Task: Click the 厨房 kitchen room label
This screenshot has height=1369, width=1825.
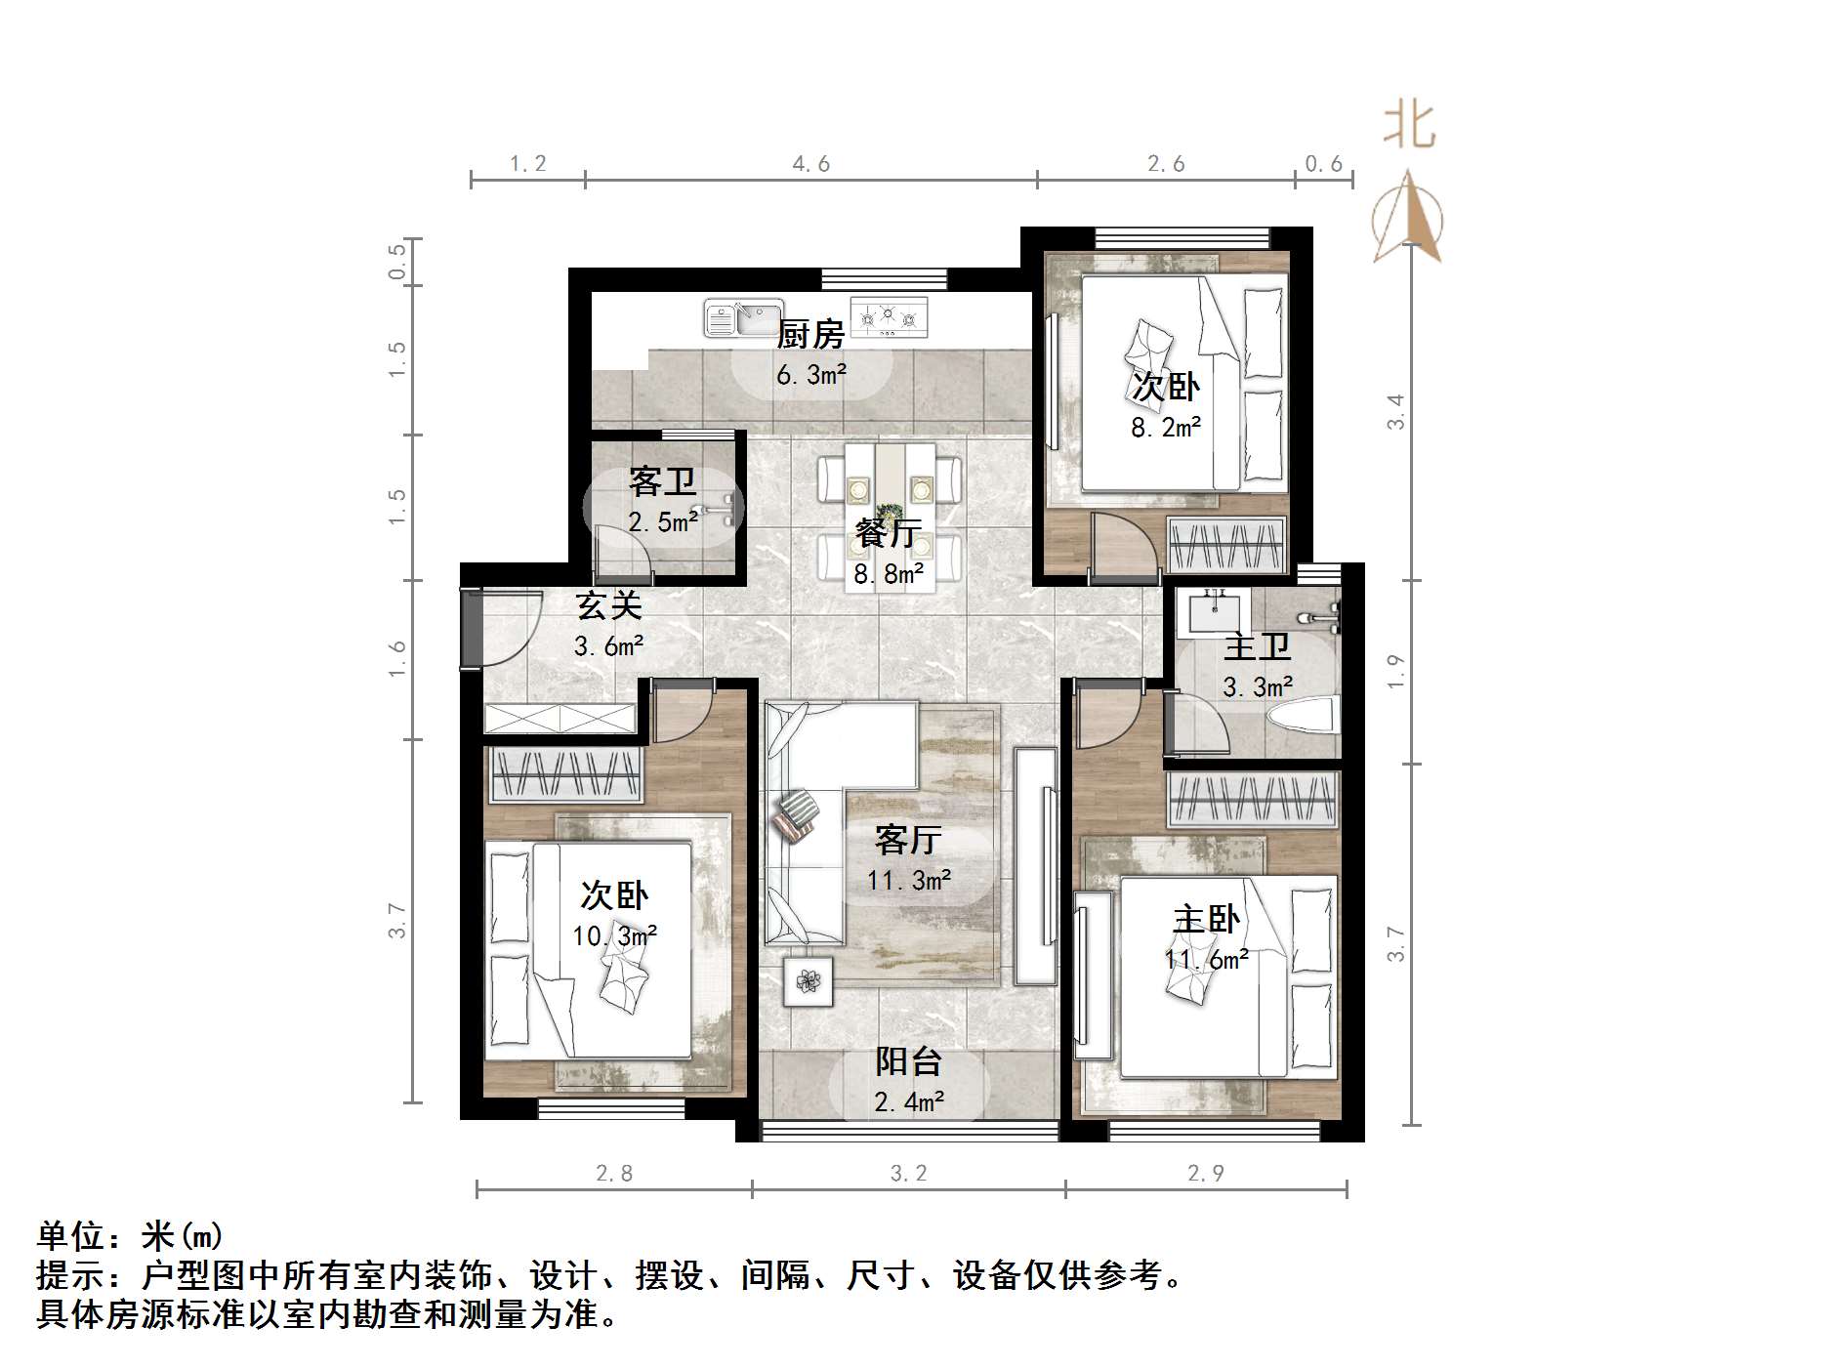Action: (809, 335)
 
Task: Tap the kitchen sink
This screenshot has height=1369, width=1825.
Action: (743, 318)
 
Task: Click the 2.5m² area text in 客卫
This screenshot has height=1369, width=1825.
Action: (663, 522)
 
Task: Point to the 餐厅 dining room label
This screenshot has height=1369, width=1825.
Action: (888, 533)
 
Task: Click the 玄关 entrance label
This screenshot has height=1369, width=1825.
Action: (608, 605)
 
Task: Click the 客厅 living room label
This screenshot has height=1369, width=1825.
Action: (908, 839)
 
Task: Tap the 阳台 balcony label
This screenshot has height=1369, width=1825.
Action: (908, 1061)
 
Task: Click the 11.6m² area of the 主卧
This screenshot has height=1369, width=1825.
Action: (1206, 960)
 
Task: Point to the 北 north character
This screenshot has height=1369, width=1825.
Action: (1408, 127)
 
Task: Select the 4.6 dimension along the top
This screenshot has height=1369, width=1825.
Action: (810, 164)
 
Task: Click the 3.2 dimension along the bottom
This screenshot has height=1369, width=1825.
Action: (908, 1174)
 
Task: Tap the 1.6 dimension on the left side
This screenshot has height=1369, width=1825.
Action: (395, 659)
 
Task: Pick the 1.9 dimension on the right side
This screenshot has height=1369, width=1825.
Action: (1396, 672)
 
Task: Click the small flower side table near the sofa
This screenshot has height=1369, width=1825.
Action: (808, 981)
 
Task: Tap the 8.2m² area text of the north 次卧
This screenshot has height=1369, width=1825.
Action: (1165, 428)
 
